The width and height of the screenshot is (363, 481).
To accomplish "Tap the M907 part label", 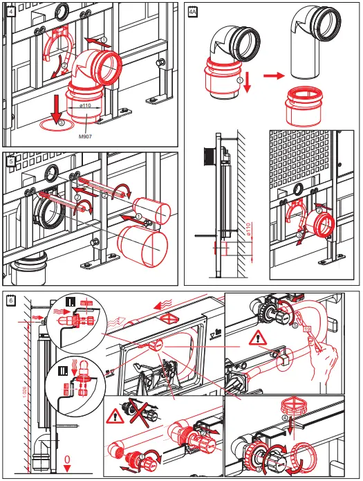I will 85,137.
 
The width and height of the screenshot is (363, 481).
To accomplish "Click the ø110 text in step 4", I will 86,106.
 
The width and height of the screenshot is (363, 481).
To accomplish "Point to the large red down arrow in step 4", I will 53,109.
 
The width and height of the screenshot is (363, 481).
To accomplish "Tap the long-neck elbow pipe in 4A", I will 308,49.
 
